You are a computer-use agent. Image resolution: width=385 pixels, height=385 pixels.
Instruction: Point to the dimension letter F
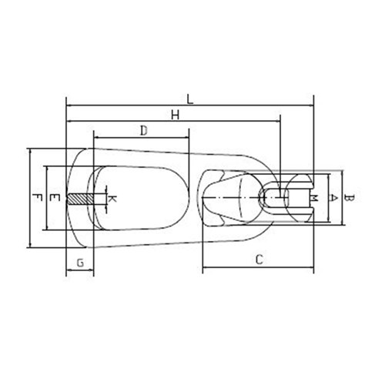(35, 198)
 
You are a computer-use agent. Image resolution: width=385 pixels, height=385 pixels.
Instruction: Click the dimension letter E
(52, 198)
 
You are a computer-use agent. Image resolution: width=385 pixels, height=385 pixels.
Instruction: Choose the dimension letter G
(80, 263)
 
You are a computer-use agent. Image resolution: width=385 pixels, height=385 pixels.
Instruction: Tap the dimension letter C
(259, 260)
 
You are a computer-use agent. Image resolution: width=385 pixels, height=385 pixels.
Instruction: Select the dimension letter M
(316, 198)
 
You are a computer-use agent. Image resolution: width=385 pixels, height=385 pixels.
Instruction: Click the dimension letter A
(333, 198)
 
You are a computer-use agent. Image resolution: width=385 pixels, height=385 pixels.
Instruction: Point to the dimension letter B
(349, 198)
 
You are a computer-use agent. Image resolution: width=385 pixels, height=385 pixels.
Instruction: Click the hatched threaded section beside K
(79, 199)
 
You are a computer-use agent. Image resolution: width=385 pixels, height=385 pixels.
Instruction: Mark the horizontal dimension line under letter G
(80, 271)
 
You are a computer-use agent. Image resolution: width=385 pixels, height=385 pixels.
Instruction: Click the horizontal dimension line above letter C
(259, 269)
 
